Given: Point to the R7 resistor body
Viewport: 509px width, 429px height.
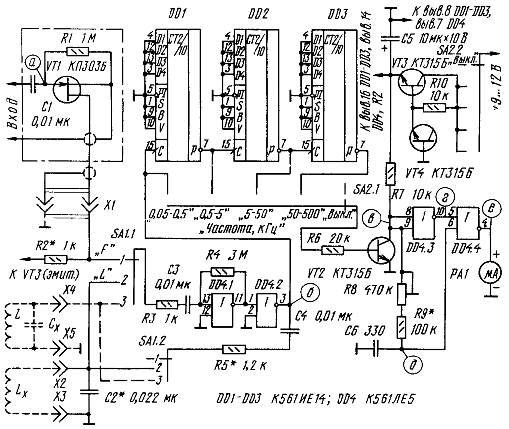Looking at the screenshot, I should pyautogui.click(x=390, y=174).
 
